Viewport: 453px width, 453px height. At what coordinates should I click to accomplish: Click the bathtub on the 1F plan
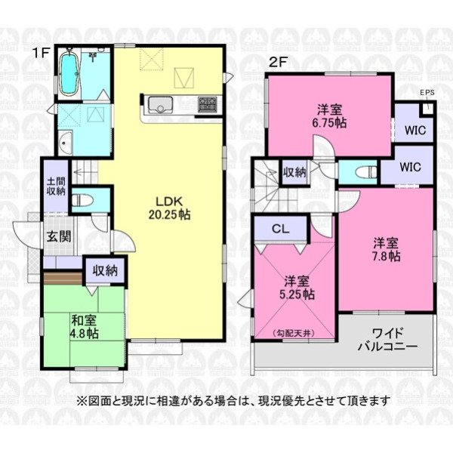(69, 72)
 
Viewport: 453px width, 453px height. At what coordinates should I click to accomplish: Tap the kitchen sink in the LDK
(160, 105)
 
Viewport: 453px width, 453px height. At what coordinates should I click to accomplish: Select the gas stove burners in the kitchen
(207, 105)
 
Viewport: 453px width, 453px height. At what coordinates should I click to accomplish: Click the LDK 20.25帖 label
(169, 208)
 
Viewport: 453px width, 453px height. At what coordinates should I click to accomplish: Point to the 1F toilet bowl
(82, 199)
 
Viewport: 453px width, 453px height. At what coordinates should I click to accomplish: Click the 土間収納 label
(57, 186)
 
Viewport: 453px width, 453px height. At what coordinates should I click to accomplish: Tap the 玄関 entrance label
(59, 237)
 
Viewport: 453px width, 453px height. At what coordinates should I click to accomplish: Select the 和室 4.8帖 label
(85, 327)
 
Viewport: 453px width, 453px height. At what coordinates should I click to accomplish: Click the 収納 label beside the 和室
(105, 271)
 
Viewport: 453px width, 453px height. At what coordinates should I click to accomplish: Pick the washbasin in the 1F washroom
(65, 143)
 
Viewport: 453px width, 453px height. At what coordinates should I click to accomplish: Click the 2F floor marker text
(278, 63)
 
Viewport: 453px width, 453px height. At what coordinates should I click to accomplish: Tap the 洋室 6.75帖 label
(330, 116)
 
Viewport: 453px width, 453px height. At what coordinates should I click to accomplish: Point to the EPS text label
(427, 93)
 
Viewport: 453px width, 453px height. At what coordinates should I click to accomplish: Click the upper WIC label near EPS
(415, 131)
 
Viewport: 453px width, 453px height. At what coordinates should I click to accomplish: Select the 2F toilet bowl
(366, 172)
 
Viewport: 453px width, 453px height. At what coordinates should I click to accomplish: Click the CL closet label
(281, 229)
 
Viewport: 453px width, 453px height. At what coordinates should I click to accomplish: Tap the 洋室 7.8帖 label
(386, 249)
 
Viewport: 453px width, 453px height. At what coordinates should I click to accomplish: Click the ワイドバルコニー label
(388, 340)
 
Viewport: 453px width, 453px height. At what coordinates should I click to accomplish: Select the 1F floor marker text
(42, 53)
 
